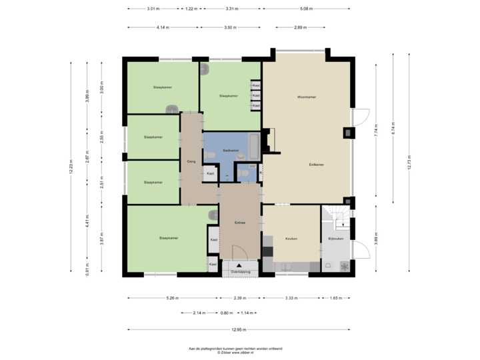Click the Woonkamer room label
(x=307, y=97)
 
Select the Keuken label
(x=291, y=239)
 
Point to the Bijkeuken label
(x=335, y=239)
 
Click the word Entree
(x=240, y=223)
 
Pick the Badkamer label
(x=231, y=151)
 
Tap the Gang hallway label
(x=191, y=161)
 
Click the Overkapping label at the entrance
(x=240, y=272)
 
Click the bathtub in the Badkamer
(x=254, y=143)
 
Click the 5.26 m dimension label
(x=173, y=298)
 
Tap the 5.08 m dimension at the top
(x=306, y=9)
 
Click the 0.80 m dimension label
(x=227, y=313)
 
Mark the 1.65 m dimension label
(x=336, y=298)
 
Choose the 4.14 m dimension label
(x=162, y=28)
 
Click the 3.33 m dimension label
(x=291, y=298)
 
